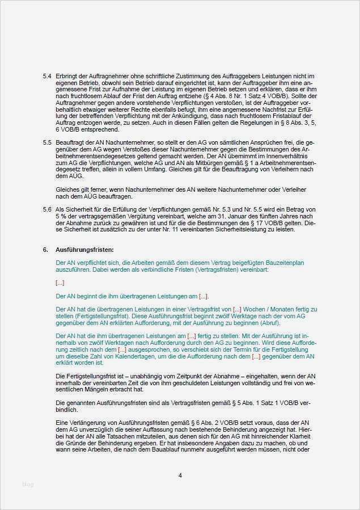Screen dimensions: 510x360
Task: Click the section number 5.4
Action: click(x=46, y=76)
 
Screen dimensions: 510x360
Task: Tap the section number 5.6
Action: click(x=46, y=209)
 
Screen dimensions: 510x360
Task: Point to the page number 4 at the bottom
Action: click(x=180, y=475)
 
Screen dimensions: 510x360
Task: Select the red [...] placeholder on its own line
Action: click(x=60, y=283)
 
